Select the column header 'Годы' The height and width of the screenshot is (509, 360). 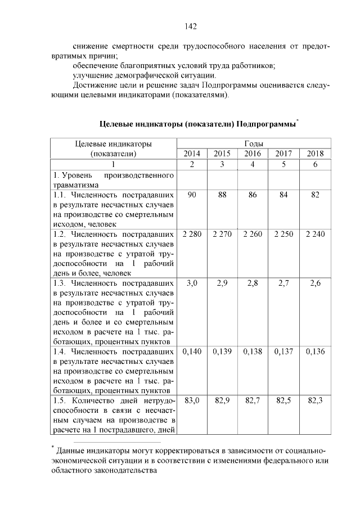click(x=253, y=143)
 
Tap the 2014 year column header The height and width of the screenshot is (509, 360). click(x=192, y=154)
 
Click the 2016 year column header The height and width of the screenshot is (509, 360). click(x=253, y=154)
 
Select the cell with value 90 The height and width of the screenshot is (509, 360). click(x=192, y=195)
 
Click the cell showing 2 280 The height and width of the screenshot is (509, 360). click(x=192, y=234)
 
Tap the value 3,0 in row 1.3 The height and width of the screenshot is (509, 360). click(x=192, y=283)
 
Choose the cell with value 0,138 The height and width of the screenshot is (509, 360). click(x=253, y=352)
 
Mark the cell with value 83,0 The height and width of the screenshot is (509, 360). click(x=192, y=401)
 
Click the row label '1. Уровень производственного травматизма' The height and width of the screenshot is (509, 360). click(x=113, y=179)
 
